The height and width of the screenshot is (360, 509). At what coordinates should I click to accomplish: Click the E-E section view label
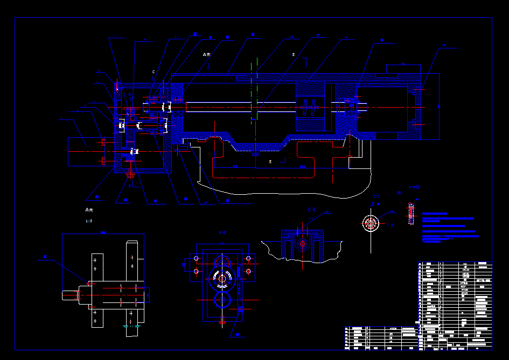click(x=312, y=209)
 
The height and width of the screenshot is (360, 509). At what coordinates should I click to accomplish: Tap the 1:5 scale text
click(x=89, y=221)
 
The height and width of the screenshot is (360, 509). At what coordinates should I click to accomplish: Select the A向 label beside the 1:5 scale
click(x=89, y=210)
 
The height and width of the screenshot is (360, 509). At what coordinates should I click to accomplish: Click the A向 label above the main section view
click(x=207, y=54)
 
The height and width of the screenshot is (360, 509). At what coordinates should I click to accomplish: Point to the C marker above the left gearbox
click(x=154, y=72)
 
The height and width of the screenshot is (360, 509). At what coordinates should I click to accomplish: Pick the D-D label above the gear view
click(x=222, y=233)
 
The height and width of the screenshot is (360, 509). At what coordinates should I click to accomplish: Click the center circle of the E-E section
click(x=302, y=244)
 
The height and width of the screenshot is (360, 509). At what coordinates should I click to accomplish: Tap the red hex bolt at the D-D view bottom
click(x=222, y=320)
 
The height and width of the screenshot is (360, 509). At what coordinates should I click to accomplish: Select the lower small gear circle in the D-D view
click(x=222, y=299)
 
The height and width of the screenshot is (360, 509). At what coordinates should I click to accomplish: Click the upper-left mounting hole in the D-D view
click(x=196, y=259)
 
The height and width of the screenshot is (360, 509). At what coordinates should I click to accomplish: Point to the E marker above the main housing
click(x=294, y=55)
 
